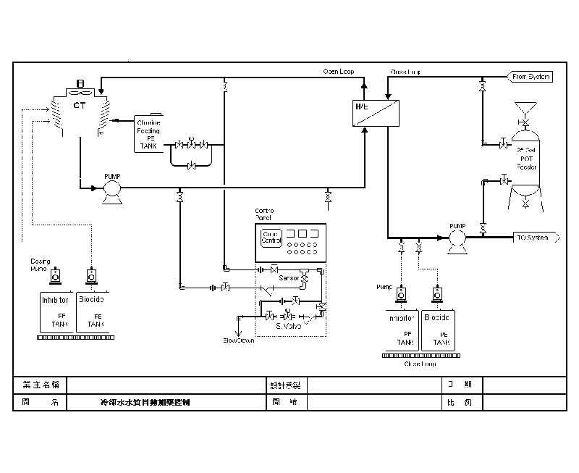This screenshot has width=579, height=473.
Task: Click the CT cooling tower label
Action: (80, 106)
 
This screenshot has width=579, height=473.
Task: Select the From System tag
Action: (531, 76)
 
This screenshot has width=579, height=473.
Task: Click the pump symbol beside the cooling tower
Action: (112, 190)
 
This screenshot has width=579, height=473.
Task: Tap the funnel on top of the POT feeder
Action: (526, 109)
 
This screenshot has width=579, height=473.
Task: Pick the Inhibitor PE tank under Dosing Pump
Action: (55, 311)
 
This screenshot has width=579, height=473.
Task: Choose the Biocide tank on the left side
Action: (91, 311)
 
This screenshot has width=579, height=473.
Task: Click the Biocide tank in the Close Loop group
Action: (438, 330)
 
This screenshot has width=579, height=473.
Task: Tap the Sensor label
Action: (289, 277)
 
